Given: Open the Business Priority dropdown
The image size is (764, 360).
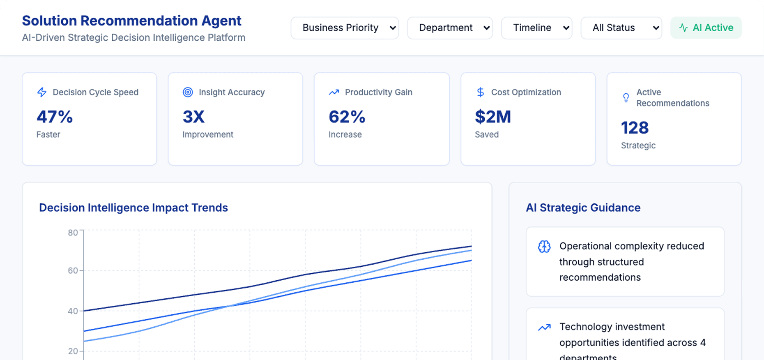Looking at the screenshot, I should click(x=344, y=28).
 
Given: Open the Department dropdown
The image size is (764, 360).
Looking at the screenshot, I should click(x=450, y=28).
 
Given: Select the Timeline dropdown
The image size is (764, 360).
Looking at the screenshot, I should click(x=536, y=28).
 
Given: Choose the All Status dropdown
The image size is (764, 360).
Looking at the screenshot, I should click(x=621, y=28).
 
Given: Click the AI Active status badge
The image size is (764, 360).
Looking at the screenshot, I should click(x=706, y=28).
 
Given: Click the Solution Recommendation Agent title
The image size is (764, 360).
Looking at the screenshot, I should click(x=131, y=21).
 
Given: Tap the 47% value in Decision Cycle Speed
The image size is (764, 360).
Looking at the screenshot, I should click(x=55, y=117).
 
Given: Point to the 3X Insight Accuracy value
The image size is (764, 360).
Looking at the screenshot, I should click(x=193, y=117).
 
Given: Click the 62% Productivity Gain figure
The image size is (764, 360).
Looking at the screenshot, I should click(x=347, y=117).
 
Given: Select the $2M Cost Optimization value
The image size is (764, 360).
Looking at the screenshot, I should click(x=493, y=117).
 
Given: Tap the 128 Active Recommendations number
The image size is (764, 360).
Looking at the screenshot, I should click(x=635, y=128).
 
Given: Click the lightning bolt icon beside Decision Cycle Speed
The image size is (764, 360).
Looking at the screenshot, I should click(x=42, y=92).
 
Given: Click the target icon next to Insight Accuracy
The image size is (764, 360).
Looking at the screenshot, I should click(x=188, y=92).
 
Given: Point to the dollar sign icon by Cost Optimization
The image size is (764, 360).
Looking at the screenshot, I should click(x=480, y=92).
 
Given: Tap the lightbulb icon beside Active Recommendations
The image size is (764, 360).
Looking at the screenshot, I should click(x=626, y=98).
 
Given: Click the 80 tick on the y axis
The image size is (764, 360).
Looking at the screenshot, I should click(x=73, y=233).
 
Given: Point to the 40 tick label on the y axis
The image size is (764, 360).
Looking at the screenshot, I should click(x=73, y=311).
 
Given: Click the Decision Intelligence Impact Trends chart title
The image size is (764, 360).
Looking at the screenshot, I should click(x=133, y=208).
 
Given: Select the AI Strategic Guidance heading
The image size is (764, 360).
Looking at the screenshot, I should click(x=583, y=208).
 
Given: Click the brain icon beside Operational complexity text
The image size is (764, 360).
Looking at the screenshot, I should click(x=544, y=247).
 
